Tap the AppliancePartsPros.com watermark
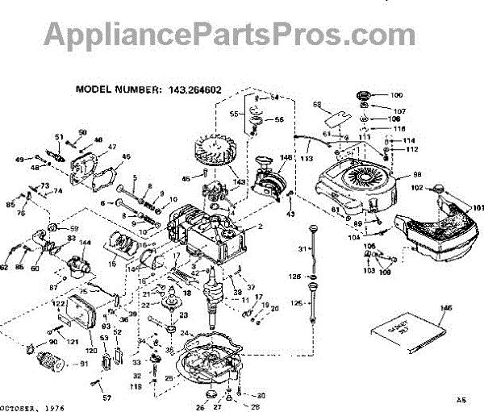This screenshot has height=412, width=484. pos(242,35)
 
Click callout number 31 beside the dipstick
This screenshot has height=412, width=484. pos(303,248)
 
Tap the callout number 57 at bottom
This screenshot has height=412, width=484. pos(107,397)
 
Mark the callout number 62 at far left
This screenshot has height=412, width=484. pos(5,267)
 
